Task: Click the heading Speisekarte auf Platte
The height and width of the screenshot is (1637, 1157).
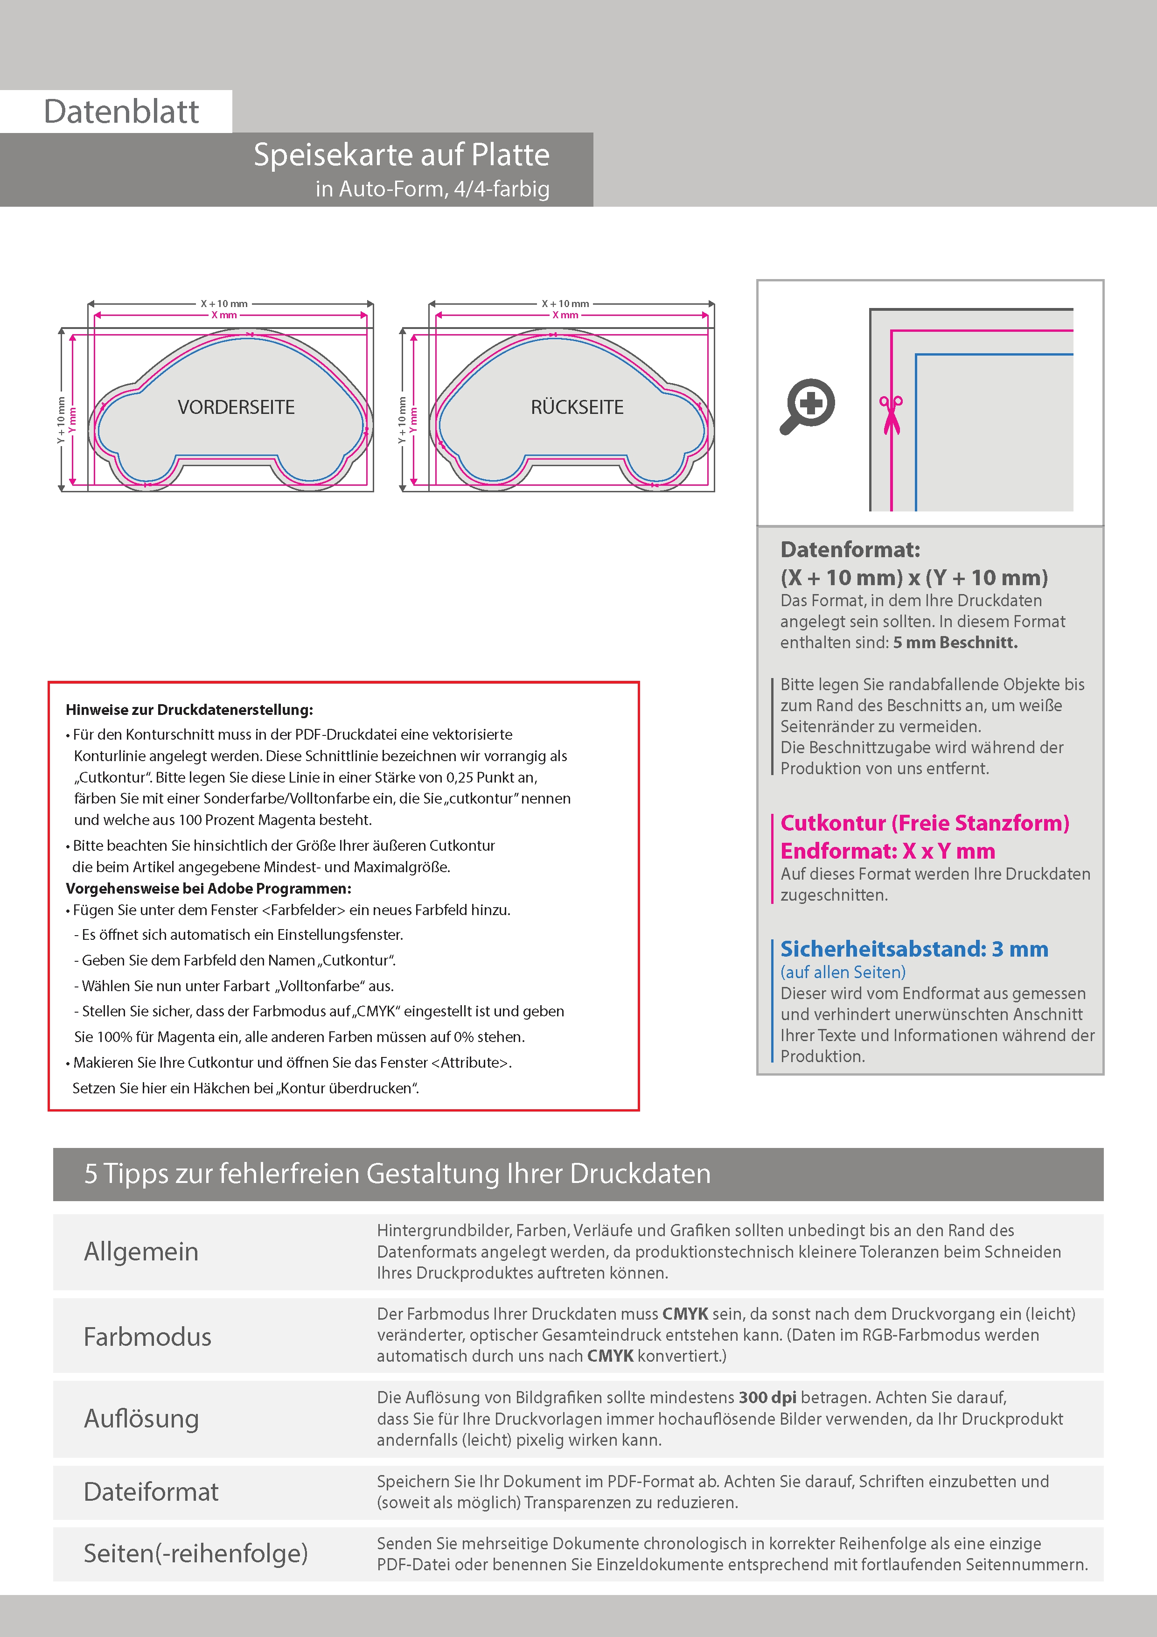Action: [x=401, y=155]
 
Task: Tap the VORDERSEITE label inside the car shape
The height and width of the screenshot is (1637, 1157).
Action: [x=236, y=407]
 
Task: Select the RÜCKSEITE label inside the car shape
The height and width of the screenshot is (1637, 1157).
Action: [x=577, y=407]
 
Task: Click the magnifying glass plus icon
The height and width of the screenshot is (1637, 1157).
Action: [x=808, y=406]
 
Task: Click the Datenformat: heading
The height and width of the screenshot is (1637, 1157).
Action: [x=850, y=550]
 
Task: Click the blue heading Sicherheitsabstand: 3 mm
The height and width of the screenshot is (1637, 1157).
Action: [x=914, y=949]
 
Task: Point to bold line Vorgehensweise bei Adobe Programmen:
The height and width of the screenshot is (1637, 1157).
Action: [x=208, y=888]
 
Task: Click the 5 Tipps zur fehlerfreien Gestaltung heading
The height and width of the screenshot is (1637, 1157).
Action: [x=397, y=1174]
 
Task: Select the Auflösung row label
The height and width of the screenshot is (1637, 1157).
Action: [x=141, y=1418]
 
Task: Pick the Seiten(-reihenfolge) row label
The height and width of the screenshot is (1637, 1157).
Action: [x=195, y=1553]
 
